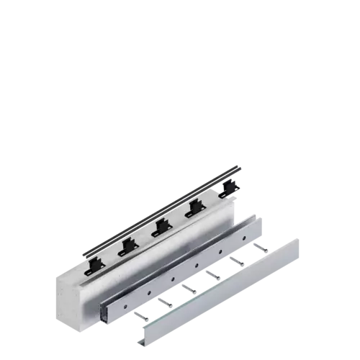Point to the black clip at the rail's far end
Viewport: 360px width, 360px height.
(228, 187)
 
